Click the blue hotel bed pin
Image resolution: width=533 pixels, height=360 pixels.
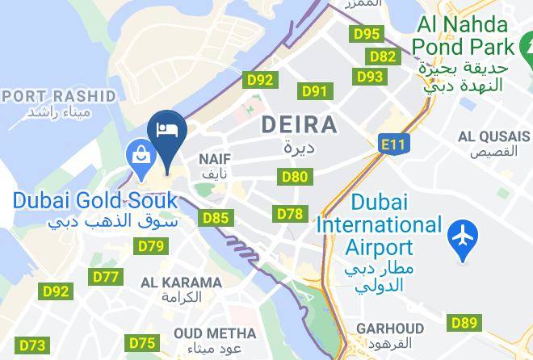(x=167, y=131)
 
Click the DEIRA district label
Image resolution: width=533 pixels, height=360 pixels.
(x=299, y=125)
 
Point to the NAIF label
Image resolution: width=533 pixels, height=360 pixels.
(x=216, y=160)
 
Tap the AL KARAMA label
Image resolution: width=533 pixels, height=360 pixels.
(x=181, y=283)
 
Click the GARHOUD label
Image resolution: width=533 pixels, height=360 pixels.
(x=391, y=329)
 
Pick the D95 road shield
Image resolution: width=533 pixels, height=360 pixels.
(x=367, y=34)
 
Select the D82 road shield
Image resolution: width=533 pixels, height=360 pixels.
(x=383, y=57)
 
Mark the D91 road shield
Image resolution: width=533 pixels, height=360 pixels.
(x=314, y=91)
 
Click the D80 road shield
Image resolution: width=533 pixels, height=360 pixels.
(x=294, y=177)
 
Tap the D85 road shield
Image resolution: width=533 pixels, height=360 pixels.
(x=216, y=217)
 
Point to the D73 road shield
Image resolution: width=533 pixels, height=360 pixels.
(x=32, y=345)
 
